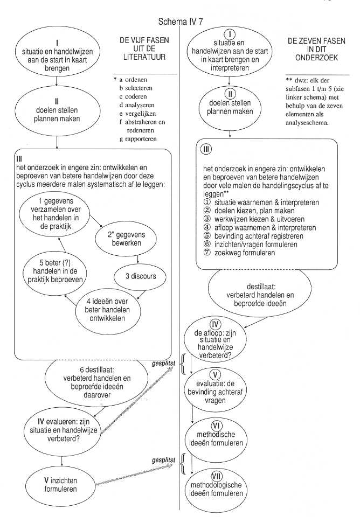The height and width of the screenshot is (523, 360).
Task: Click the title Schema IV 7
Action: point(181,22)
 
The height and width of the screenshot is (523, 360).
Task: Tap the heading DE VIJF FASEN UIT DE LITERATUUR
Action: point(144,48)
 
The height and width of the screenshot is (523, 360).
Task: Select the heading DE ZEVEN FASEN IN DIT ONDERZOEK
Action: point(316,50)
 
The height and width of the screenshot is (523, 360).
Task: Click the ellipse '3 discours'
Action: point(140,276)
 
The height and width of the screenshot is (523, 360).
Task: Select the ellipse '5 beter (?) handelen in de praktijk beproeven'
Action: point(55,271)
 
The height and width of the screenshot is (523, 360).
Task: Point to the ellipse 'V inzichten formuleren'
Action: point(60,485)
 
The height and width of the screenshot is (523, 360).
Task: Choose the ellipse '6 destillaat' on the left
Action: point(96,383)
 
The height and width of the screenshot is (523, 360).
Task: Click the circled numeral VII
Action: point(217,476)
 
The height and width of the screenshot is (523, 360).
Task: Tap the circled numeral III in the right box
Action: point(206,149)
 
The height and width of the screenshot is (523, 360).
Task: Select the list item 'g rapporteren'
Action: point(138,139)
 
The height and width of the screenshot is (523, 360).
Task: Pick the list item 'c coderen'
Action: point(133,97)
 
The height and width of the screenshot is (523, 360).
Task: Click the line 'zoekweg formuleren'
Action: point(239,253)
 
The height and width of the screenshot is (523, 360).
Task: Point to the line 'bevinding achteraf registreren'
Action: point(253,236)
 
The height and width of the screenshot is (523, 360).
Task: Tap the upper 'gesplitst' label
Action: point(163,363)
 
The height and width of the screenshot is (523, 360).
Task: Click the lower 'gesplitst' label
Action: point(163,461)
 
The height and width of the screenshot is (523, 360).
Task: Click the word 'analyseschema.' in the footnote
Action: point(307,123)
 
